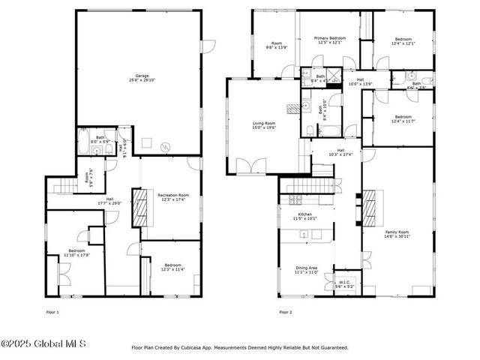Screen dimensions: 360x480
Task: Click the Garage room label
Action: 141,76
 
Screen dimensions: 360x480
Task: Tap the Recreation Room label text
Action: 172,196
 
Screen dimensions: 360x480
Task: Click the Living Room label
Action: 263,123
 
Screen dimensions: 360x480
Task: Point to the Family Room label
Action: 397,232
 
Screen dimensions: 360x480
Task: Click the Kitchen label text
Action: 305,215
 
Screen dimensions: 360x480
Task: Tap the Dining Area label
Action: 306,268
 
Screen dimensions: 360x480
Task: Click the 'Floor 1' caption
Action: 52,311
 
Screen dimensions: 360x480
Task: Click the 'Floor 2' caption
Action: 285,311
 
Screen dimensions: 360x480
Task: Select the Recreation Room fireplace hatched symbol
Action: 136,213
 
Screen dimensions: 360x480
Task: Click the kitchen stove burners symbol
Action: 295,199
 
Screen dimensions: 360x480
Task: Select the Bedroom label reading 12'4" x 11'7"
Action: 403,121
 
